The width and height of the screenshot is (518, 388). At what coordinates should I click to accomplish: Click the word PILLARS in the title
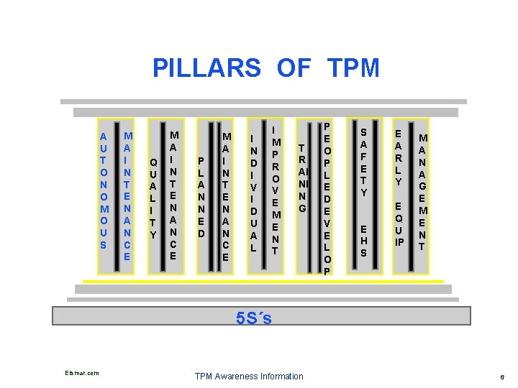tap(207, 68)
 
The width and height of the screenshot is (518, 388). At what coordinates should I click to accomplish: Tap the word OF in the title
tap(294, 68)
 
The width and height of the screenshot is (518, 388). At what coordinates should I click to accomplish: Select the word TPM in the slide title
tap(353, 68)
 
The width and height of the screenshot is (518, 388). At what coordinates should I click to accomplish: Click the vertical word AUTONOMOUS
tap(104, 191)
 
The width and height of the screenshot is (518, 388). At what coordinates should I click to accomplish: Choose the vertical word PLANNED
tap(202, 198)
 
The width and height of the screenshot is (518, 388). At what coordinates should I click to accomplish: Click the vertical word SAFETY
tap(364, 162)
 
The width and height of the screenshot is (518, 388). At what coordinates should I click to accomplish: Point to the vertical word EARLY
tap(398, 157)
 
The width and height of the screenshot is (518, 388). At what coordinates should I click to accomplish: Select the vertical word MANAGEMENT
tap(424, 191)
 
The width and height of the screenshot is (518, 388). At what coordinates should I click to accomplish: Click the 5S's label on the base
tap(254, 317)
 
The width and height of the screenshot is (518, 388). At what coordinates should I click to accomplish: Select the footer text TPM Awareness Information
tap(250, 376)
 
